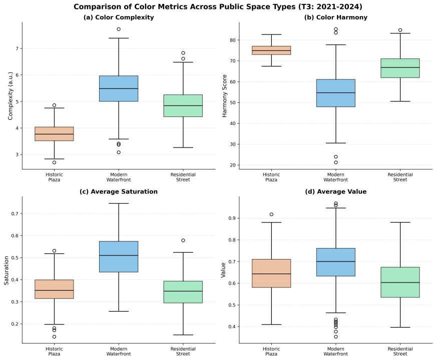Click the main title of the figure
tap(218, 6)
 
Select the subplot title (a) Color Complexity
tap(118, 17)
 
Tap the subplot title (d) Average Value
tap(335, 191)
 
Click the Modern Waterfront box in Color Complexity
tap(119, 88)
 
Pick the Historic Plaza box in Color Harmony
tap(271, 50)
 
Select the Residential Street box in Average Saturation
tap(183, 291)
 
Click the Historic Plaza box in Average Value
tap(271, 273)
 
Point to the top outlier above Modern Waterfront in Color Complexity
tap(119, 29)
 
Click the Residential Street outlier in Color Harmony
tap(400, 30)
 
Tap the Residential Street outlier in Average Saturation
tap(183, 240)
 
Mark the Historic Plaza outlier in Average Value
tap(271, 214)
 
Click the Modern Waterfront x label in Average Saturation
tap(119, 351)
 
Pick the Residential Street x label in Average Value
tap(400, 351)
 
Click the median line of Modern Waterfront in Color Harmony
tap(335, 92)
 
